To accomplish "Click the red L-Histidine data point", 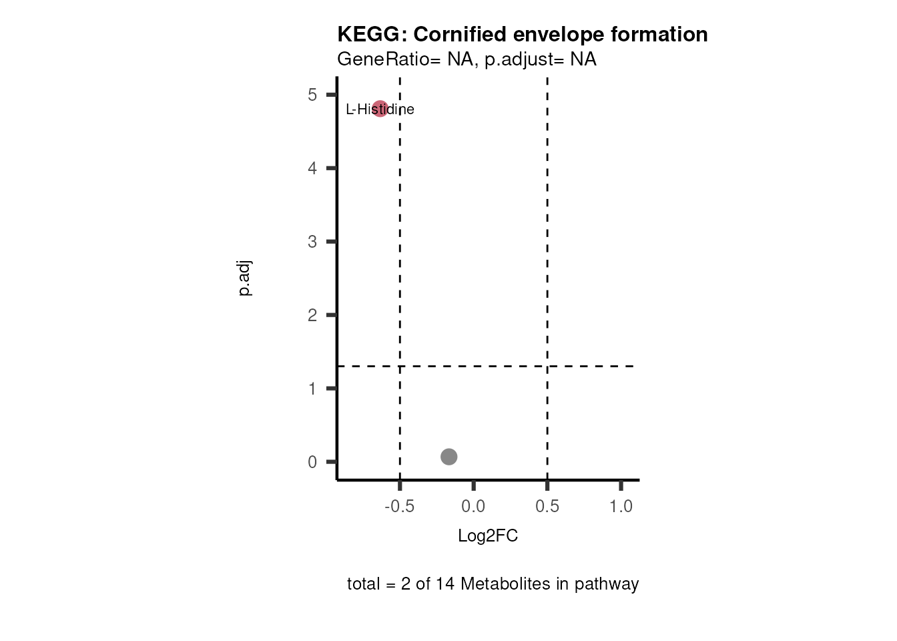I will click(380, 108).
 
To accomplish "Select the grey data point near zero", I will click(448, 457).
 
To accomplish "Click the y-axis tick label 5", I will click(312, 95).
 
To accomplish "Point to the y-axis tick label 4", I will click(312, 168).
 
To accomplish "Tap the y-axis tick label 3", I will click(312, 242).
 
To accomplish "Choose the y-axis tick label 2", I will click(312, 315).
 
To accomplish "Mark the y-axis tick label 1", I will click(312, 389).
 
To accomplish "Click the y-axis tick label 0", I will click(312, 462).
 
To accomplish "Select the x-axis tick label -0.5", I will click(399, 507).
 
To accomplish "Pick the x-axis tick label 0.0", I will click(473, 507).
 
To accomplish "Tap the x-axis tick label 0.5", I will click(547, 507).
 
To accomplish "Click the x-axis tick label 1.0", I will click(621, 507).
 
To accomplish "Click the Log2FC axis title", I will click(488, 536).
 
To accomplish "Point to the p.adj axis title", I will click(245, 278).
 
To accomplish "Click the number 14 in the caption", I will click(445, 584).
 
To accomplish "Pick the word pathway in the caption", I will click(607, 584).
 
